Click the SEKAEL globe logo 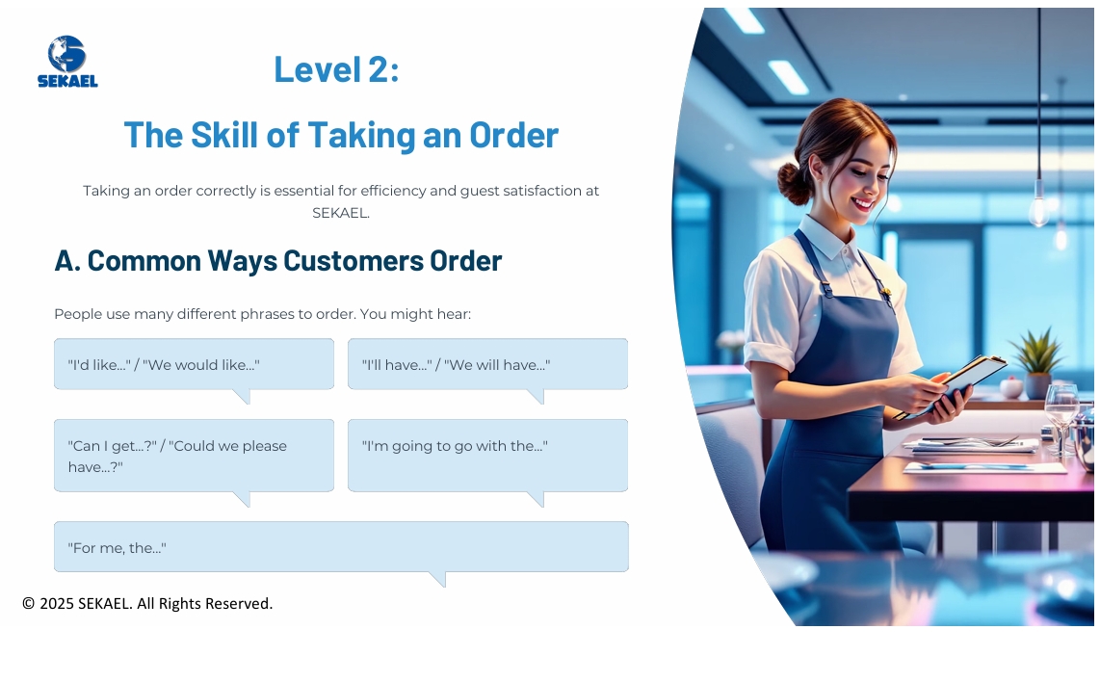[x=67, y=62]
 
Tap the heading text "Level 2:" [x=337, y=68]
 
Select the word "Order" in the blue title [x=513, y=134]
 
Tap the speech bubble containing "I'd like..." [x=194, y=364]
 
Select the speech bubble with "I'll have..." [x=487, y=364]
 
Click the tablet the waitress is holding [x=956, y=386]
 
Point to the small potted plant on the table [x=1037, y=362]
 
